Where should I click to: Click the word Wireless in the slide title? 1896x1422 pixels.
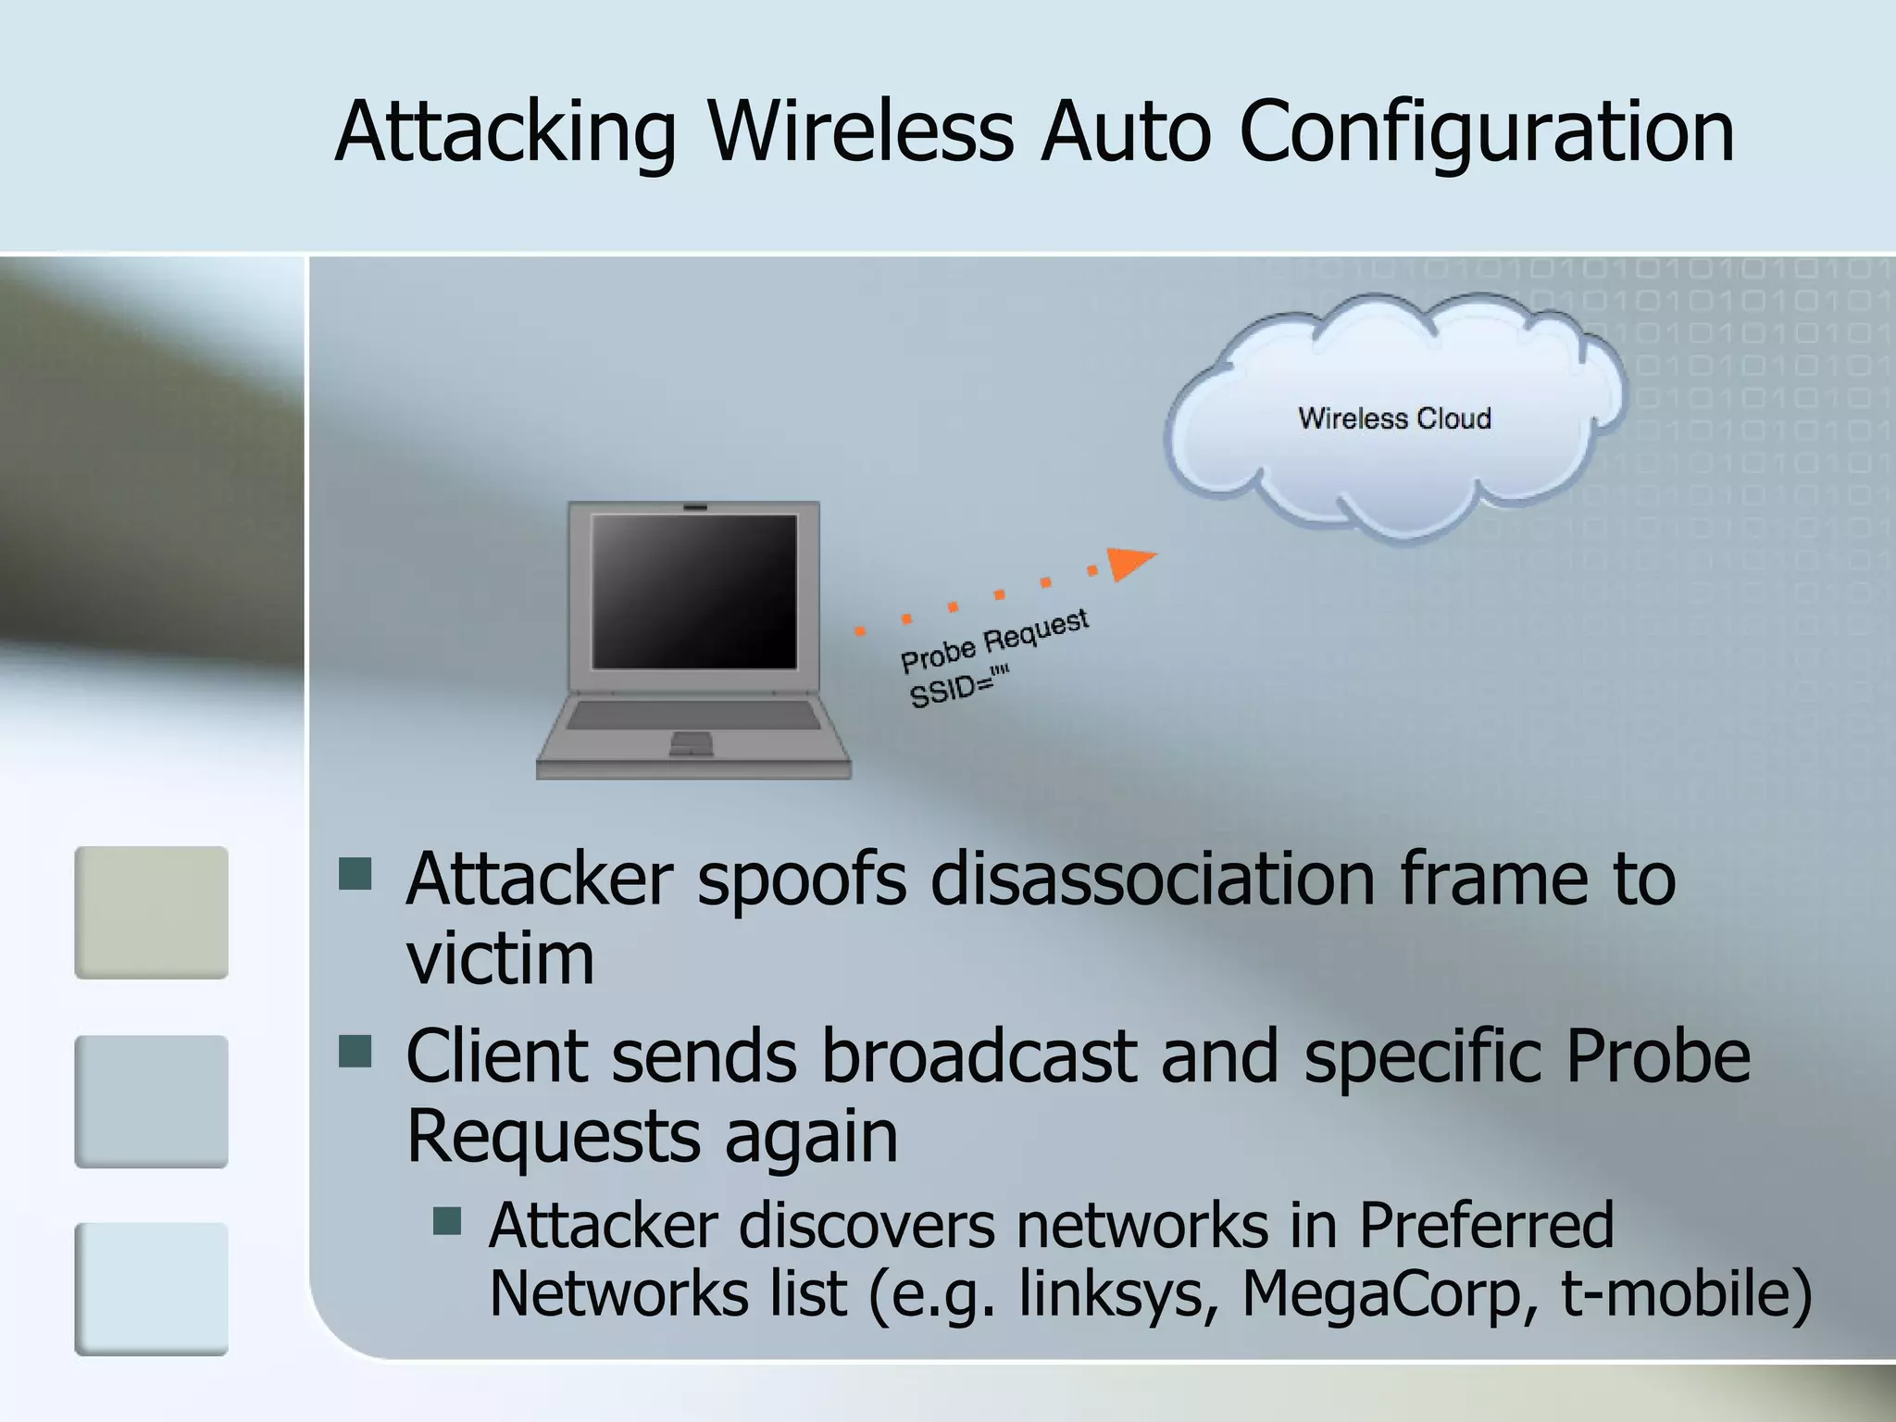pyautogui.click(x=860, y=131)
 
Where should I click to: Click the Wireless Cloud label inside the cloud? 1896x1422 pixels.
pyautogui.click(x=1394, y=418)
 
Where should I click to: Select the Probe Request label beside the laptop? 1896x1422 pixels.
pyautogui.click(x=994, y=641)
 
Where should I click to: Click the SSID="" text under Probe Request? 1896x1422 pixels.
pyautogui.click(x=958, y=686)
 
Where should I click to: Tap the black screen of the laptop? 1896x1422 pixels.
pyautogui.click(x=694, y=591)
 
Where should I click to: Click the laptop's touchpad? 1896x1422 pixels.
pyautogui.click(x=691, y=741)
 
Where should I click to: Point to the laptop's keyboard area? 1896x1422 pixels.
pyautogui.click(x=692, y=715)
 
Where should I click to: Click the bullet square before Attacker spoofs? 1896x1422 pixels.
pyautogui.click(x=355, y=872)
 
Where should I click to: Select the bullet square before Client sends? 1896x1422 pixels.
pyautogui.click(x=355, y=1051)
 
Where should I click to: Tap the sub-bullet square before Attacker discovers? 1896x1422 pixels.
pyautogui.click(x=447, y=1220)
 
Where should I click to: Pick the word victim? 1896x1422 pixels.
pyautogui.click(x=500, y=958)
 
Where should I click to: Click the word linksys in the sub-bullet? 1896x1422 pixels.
pyautogui.click(x=1116, y=1292)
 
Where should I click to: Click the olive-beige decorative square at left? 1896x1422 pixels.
pyautogui.click(x=151, y=912)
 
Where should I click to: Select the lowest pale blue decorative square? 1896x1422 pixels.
pyautogui.click(x=151, y=1289)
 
